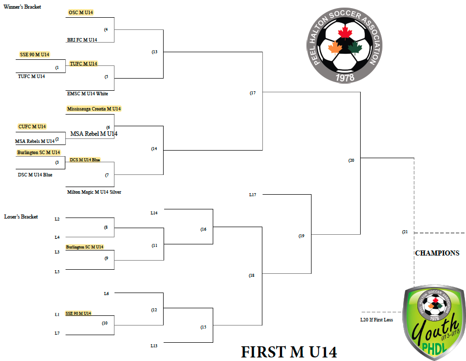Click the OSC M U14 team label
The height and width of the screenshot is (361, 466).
coord(81,13)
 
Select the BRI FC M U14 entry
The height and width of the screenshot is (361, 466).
coord(82,40)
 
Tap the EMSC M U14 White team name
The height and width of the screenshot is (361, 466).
coord(87,94)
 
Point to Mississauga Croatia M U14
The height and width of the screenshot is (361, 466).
coord(94,109)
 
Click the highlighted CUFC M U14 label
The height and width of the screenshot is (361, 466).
coord(32,126)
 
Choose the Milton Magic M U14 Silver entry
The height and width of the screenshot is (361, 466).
coord(94,192)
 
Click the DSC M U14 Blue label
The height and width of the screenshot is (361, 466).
coord(35,175)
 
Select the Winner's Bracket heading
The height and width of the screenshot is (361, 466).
coord(22,7)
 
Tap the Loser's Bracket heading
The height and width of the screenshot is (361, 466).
coord(21,216)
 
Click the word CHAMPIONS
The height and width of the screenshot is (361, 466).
coord(437,254)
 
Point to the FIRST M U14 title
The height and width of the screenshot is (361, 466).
coord(289,352)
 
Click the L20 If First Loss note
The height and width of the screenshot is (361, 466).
coord(376,320)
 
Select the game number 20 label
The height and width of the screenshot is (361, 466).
coord(352,160)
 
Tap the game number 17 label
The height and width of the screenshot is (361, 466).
coord(253,93)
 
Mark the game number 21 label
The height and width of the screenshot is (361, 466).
coord(405,232)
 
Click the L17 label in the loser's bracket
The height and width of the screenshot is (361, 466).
coord(253,195)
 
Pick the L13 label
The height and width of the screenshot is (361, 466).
coord(154,346)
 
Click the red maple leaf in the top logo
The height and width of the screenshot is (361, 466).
coord(345,32)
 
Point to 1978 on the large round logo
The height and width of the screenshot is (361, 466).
coord(345,78)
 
